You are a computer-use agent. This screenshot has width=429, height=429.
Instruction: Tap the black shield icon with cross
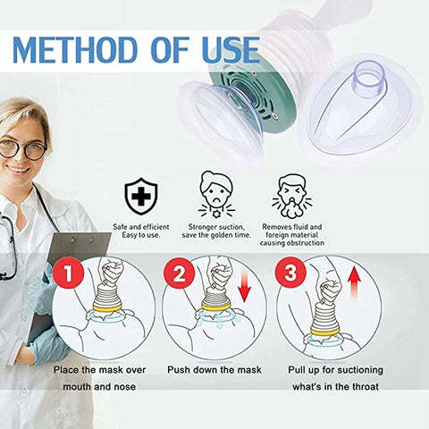[x=139, y=193]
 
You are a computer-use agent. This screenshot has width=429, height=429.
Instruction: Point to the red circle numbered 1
[x=71, y=274]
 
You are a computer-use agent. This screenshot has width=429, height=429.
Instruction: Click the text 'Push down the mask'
[x=214, y=369]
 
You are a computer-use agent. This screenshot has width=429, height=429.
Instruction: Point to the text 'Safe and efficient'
[x=139, y=227]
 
